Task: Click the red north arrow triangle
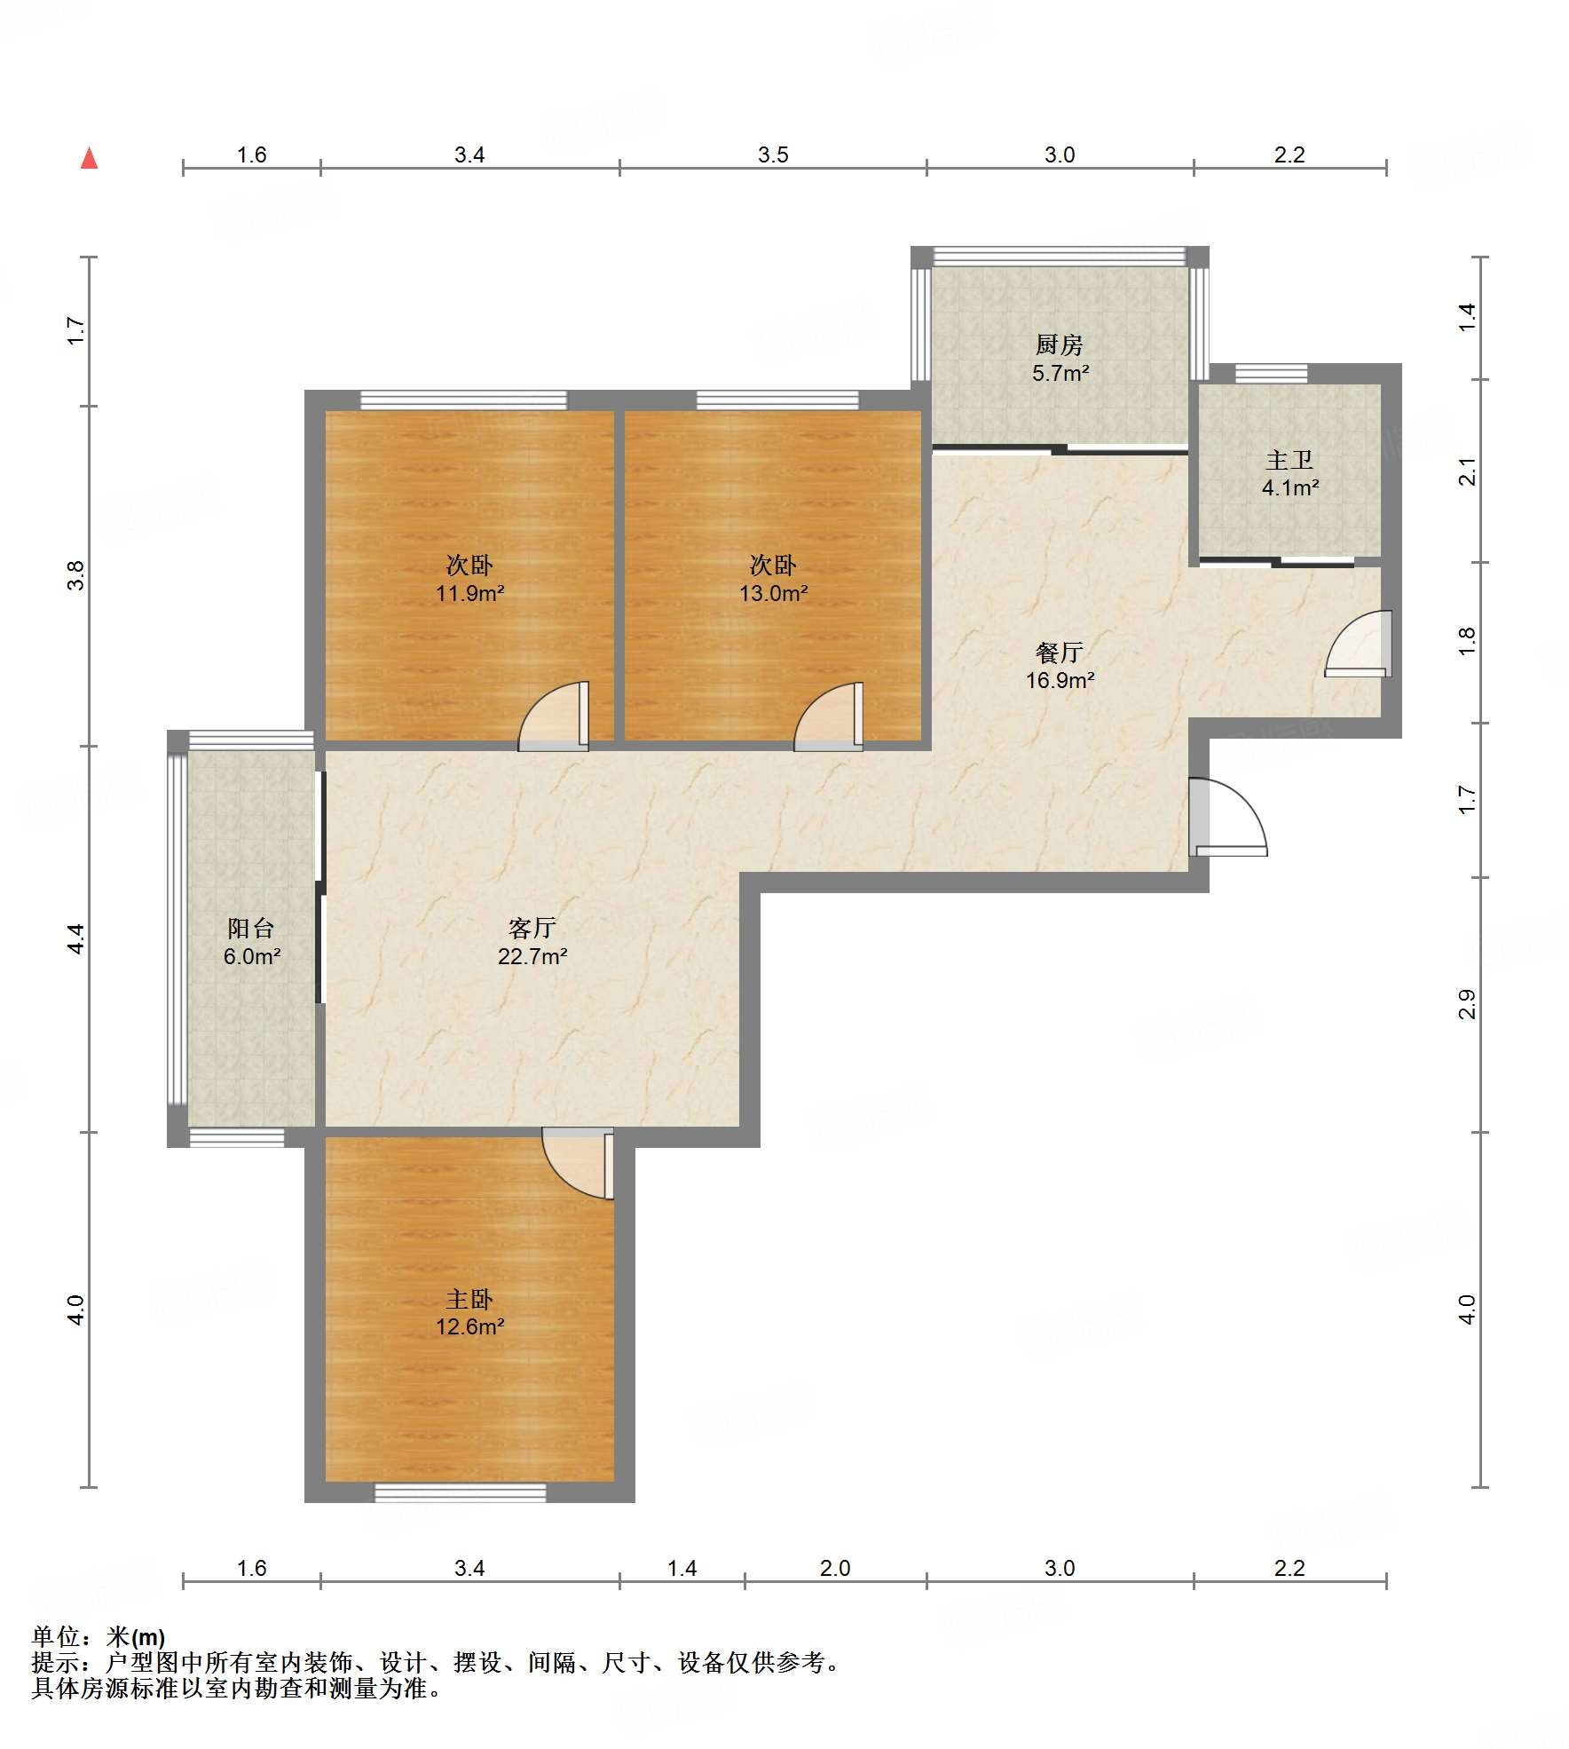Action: pyautogui.click(x=89, y=158)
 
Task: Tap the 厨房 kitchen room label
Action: pyautogui.click(x=1060, y=344)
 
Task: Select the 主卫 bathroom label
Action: pyautogui.click(x=1289, y=460)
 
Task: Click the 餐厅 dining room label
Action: pyautogui.click(x=1060, y=653)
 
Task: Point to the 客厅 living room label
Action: pyautogui.click(x=532, y=928)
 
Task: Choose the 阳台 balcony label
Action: pyautogui.click(x=251, y=928)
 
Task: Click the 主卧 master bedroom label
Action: pyautogui.click(x=469, y=1300)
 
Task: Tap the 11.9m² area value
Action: pyautogui.click(x=469, y=593)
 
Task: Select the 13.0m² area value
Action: pyautogui.click(x=774, y=593)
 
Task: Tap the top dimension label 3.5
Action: pyautogui.click(x=773, y=154)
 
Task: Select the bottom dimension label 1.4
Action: pyautogui.click(x=682, y=1568)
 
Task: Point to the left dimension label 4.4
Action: pyautogui.click(x=76, y=939)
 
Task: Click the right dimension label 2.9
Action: pyautogui.click(x=1467, y=1004)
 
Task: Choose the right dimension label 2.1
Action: pyautogui.click(x=1467, y=471)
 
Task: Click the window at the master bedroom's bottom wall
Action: pyautogui.click(x=460, y=1492)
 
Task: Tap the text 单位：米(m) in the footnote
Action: pyautogui.click(x=99, y=1636)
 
